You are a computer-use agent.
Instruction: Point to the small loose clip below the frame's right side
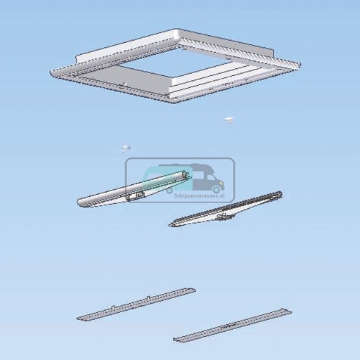[229, 120]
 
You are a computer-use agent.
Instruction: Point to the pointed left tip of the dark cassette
[172, 225]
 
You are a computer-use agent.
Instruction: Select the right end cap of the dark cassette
[278, 194]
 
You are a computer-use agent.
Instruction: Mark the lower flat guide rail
[232, 324]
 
